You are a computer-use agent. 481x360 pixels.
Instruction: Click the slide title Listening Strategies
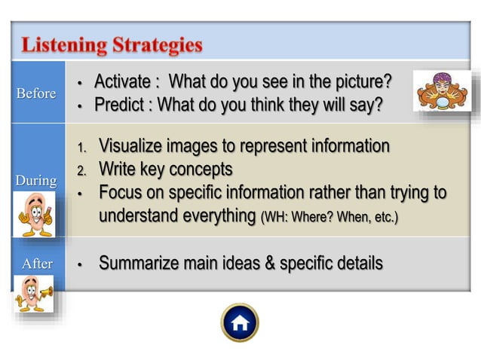[112, 44]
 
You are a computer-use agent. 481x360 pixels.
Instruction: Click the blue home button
[240, 323]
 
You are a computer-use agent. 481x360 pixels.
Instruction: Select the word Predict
[119, 104]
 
